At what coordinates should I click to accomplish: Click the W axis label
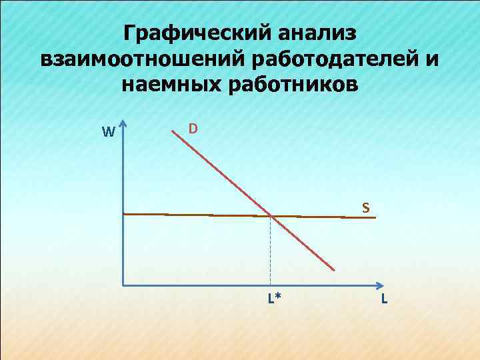[109, 132]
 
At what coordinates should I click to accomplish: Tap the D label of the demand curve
[192, 127]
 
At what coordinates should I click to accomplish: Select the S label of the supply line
[365, 207]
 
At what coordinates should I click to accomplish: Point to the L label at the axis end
[384, 298]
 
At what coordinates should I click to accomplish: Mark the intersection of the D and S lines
[271, 215]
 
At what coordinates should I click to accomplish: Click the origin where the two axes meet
[123, 285]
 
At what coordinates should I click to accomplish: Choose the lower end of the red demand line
[334, 270]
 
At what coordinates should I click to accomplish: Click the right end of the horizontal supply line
[377, 217]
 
